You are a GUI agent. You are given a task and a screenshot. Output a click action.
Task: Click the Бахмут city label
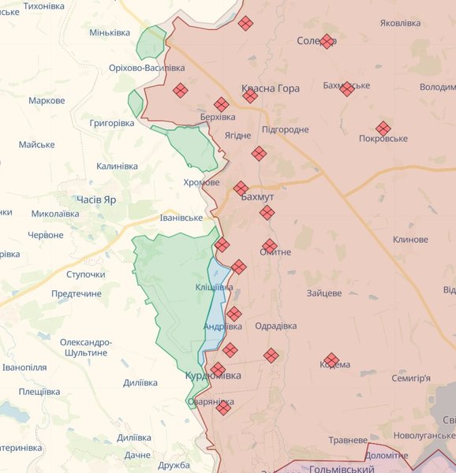pyautogui.click(x=257, y=196)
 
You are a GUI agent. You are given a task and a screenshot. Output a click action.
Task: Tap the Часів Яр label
pyautogui.click(x=96, y=199)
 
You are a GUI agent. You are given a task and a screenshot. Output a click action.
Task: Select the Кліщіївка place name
pyautogui.click(x=214, y=288)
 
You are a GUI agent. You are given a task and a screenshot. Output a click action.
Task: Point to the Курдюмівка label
pyautogui.click(x=213, y=375)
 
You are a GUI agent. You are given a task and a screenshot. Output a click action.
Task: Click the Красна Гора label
pyautogui.click(x=271, y=89)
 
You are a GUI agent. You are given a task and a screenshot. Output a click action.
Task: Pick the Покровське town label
pyautogui.click(x=383, y=139)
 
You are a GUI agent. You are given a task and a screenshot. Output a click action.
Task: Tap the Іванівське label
pyautogui.click(x=181, y=218)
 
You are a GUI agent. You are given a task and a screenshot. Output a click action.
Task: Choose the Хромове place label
pyautogui.click(x=201, y=182)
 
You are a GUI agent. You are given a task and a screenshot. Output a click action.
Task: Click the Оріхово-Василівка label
pyautogui.click(x=148, y=69)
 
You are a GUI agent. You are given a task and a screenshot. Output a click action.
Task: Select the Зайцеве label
pyautogui.click(x=324, y=293)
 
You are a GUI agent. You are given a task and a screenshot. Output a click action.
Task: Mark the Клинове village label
pyautogui.click(x=410, y=240)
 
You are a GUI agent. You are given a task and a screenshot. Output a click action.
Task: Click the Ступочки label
pyautogui.click(x=86, y=274)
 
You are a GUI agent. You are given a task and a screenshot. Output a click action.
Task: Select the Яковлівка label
pyautogui.click(x=400, y=24)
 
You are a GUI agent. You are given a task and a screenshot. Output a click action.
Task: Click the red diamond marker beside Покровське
pyautogui.click(x=383, y=128)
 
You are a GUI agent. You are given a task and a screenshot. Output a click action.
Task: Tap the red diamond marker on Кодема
pyautogui.click(x=331, y=360)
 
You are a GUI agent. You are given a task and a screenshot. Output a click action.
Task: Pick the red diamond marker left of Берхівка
pyautogui.click(x=181, y=90)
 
